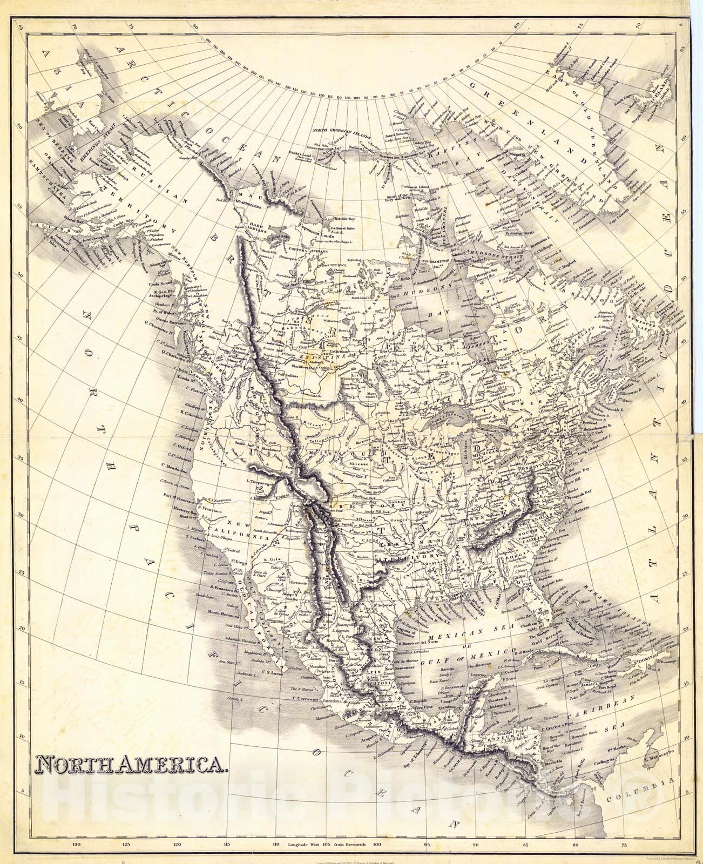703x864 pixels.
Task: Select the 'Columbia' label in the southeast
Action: coord(640,782)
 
